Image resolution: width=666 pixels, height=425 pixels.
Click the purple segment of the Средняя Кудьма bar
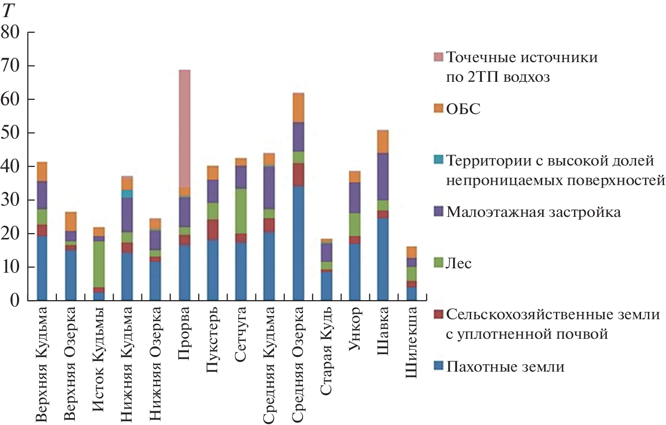[x=270, y=188]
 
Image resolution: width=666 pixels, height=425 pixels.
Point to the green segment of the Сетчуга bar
[x=241, y=211]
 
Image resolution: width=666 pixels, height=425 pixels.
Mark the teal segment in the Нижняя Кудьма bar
[x=127, y=194]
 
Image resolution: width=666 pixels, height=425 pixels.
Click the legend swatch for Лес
[x=438, y=264]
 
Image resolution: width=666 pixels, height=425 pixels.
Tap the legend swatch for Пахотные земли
[x=438, y=366]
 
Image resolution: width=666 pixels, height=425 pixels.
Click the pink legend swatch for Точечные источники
[x=438, y=58]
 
